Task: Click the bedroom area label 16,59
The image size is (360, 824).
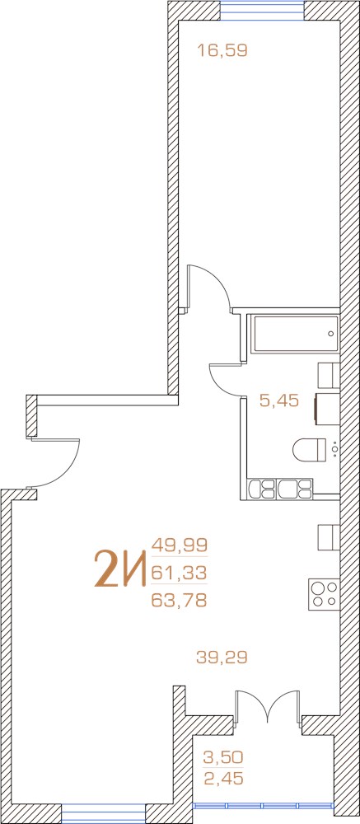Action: point(222,50)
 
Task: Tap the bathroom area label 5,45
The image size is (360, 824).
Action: point(279,401)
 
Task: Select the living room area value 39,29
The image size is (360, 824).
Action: point(222,657)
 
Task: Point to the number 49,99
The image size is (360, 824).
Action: point(180,543)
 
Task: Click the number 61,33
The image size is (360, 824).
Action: point(180,571)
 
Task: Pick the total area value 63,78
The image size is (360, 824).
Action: point(180,600)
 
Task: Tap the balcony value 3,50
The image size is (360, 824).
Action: point(222,757)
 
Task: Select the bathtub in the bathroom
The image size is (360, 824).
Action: point(296,334)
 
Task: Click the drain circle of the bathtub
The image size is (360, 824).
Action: point(330,334)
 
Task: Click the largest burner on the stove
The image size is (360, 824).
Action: point(317,588)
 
